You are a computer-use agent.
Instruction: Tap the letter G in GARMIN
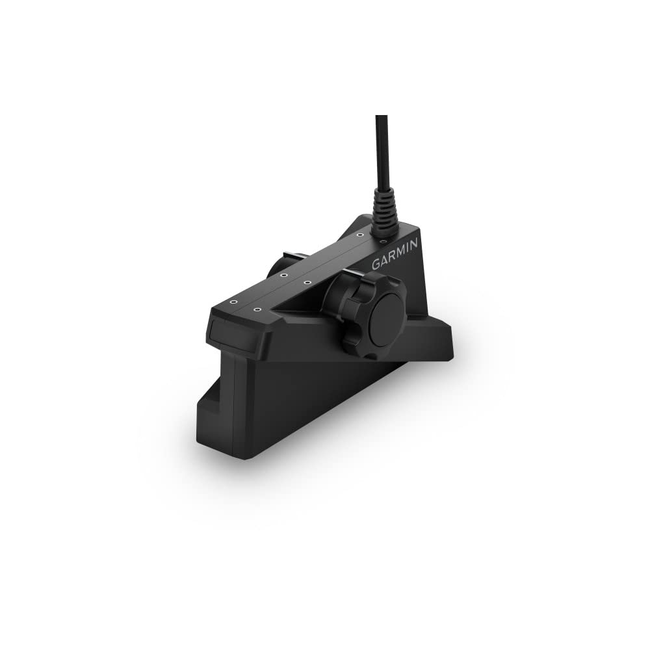pos(375,265)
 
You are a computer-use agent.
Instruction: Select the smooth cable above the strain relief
pos(381,149)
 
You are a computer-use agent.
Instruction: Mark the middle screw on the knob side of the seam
pos(307,282)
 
